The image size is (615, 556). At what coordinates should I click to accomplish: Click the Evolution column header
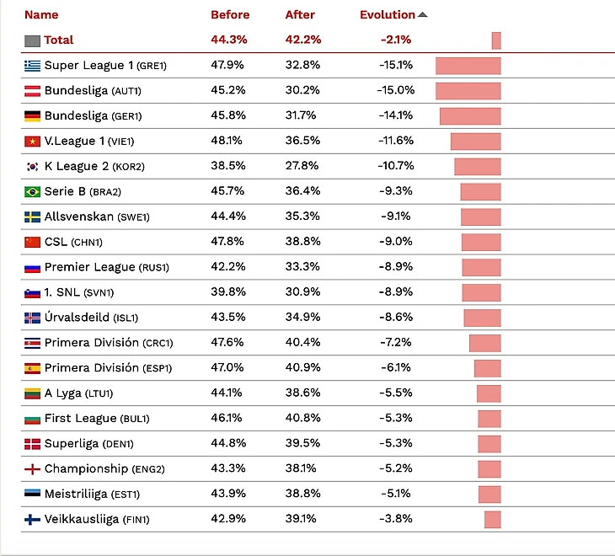[x=387, y=14]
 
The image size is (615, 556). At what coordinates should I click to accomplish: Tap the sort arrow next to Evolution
[x=423, y=14]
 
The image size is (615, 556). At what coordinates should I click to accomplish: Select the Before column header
[x=230, y=14]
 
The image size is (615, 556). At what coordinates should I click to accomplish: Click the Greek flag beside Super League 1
[x=33, y=66]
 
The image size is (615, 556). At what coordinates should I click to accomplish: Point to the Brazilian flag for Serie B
[x=33, y=192]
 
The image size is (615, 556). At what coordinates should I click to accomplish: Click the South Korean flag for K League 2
[x=33, y=167]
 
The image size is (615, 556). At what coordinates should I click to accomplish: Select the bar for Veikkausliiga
[x=493, y=520]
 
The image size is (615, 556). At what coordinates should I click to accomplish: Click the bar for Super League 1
[x=468, y=66]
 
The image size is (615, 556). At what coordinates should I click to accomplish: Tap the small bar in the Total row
[x=496, y=40]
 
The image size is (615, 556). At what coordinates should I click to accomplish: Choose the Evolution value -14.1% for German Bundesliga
[x=395, y=115]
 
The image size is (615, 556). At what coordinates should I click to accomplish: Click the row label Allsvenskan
[x=78, y=217]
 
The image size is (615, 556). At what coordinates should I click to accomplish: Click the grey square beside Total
[x=33, y=40]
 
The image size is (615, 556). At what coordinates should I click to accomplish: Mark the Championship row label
[x=86, y=468]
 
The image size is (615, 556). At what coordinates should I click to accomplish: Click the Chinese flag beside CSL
[x=33, y=243]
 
